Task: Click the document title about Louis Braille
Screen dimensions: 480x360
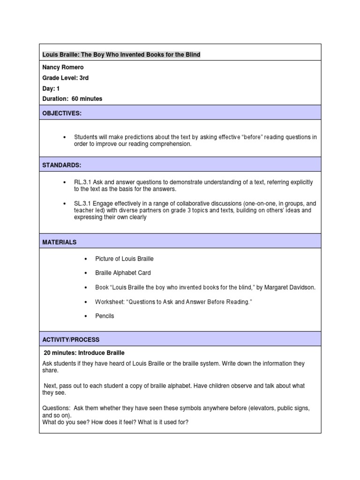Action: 121,55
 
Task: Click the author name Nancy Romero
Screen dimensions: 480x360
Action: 63,67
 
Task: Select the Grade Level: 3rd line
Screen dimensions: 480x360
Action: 66,78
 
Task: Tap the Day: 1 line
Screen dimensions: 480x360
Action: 51,88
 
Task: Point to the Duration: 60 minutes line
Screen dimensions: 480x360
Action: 72,98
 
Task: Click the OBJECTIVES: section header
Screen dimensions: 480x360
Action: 62,113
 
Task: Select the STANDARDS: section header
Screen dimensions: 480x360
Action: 61,165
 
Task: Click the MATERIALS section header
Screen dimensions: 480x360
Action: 59,242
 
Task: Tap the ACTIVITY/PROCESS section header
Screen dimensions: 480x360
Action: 71,339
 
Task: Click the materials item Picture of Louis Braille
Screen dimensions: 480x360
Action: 124,258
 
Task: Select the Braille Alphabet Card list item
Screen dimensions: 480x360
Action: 123,272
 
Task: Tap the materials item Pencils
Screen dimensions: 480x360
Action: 105,315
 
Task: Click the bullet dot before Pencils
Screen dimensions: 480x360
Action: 85,316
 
